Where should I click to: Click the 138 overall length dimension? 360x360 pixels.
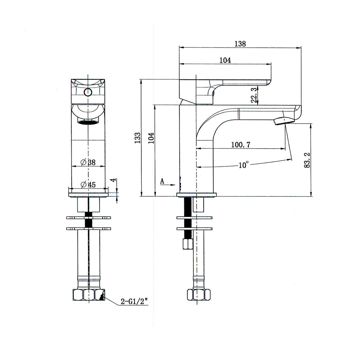coord(240,44)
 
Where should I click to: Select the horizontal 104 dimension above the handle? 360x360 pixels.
coord(225,60)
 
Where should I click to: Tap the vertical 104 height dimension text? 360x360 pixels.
coord(151,138)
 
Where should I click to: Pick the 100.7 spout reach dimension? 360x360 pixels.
coord(241,145)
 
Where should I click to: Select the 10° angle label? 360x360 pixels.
coord(244,165)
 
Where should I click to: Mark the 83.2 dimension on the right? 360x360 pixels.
coord(307,160)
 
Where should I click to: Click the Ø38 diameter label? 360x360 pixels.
coord(88,163)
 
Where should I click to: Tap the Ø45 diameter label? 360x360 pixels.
coord(88,184)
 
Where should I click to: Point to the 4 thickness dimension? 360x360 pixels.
coord(114,180)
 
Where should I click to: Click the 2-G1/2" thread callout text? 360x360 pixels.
coord(134,302)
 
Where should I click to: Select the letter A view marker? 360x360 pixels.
coord(162,181)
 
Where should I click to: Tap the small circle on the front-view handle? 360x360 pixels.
coord(88,92)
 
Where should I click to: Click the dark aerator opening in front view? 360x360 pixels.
coord(88,122)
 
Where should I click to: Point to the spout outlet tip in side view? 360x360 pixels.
coord(283,121)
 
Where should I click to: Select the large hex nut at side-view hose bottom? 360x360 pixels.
coord(199,295)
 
